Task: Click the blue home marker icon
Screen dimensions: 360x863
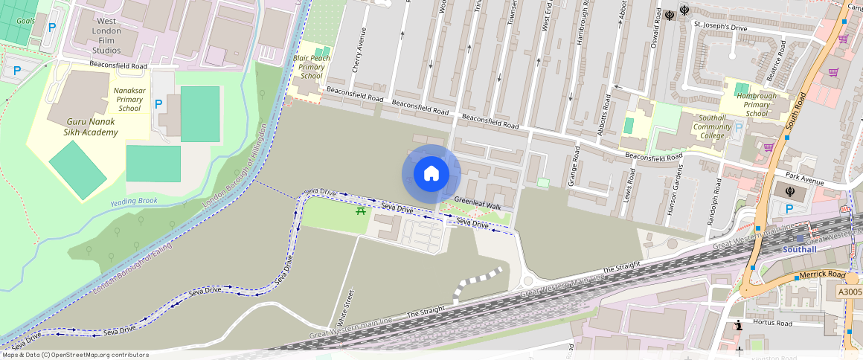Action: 431,174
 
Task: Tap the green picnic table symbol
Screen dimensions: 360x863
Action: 361,212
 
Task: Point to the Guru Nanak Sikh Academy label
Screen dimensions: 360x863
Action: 82,126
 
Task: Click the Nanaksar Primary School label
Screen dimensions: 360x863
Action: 129,99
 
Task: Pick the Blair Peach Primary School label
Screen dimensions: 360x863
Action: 312,67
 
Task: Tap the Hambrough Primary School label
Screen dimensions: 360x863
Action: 757,105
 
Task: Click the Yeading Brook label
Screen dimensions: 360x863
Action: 134,202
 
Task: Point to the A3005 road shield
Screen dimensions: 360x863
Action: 850,292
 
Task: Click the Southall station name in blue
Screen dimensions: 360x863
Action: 799,250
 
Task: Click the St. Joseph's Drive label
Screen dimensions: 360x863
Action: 719,26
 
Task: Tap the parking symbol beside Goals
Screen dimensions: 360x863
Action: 51,27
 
